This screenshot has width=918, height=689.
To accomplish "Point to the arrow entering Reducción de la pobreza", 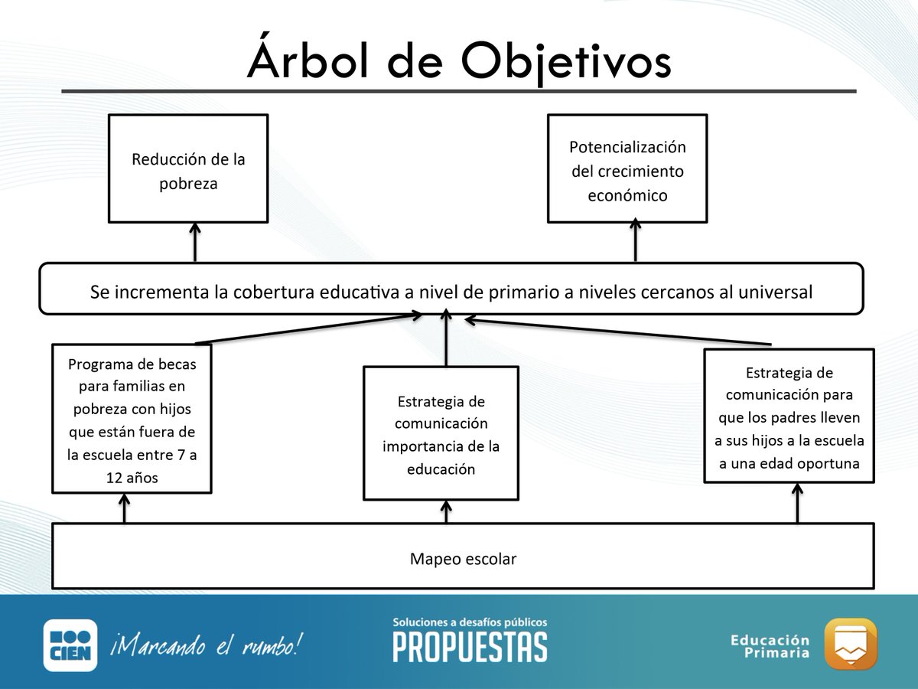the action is click(x=195, y=242).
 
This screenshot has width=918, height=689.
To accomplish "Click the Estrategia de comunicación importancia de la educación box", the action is click(x=441, y=434).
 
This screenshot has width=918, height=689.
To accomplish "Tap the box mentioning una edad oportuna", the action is click(x=789, y=417).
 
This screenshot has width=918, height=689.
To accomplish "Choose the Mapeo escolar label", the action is click(x=463, y=559).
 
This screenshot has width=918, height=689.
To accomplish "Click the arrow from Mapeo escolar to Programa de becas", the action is click(x=124, y=508).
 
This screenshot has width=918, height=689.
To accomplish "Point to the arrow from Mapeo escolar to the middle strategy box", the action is click(x=447, y=512).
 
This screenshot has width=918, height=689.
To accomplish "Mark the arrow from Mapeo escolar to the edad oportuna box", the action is click(x=797, y=504).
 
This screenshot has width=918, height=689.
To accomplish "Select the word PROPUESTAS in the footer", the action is click(x=470, y=647).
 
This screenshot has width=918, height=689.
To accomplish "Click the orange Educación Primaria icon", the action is click(x=851, y=644).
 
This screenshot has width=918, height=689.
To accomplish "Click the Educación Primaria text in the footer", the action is click(x=770, y=646).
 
